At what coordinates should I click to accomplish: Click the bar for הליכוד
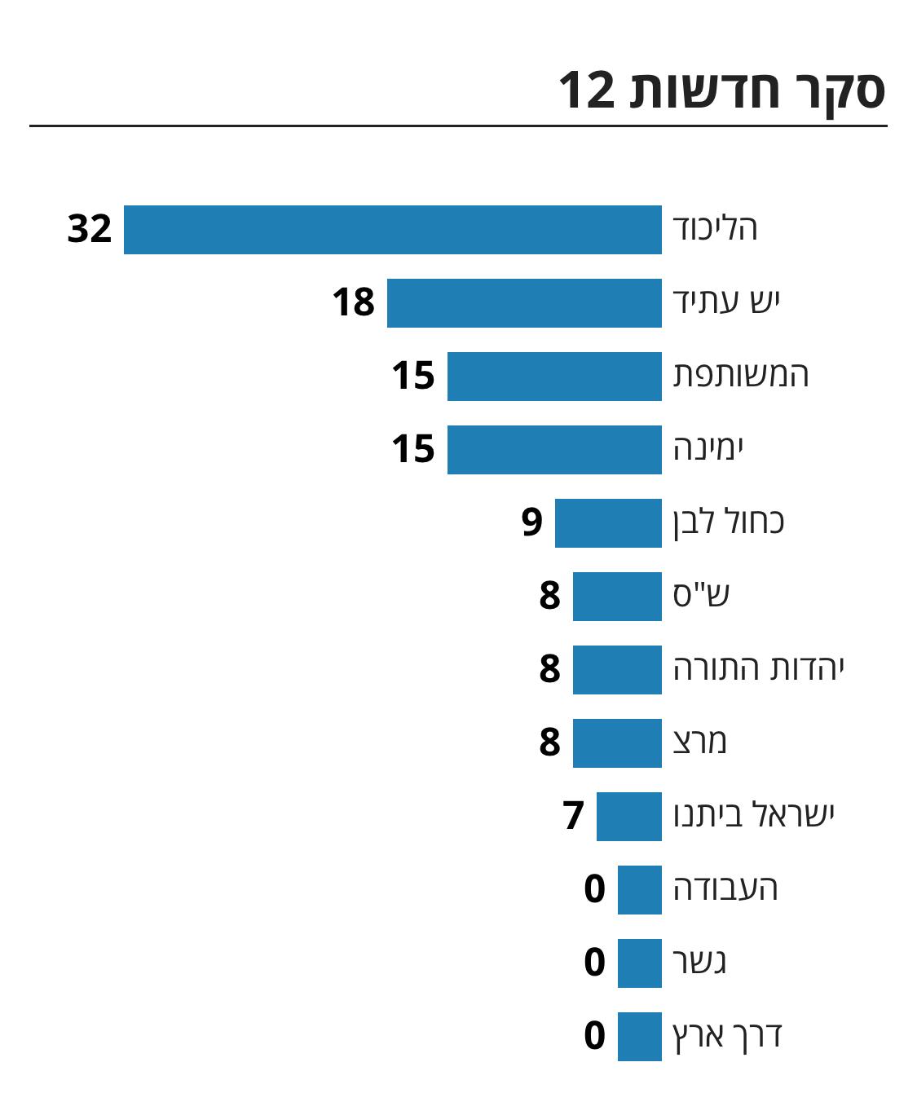coord(392,230)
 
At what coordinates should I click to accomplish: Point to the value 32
coord(90,229)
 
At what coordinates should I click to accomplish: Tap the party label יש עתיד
coord(726,302)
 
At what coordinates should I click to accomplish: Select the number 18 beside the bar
coord(353,302)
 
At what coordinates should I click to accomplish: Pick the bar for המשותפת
coord(554,377)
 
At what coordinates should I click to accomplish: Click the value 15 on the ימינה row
coord(413,449)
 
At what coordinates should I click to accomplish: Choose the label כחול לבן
coord(728,522)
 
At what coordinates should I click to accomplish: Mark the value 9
coord(532,522)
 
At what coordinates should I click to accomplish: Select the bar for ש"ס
coord(617,597)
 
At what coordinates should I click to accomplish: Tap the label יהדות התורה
coord(758,668)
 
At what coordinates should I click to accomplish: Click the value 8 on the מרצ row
coord(550,743)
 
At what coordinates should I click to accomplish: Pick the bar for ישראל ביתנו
coord(628,817)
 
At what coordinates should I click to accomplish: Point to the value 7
coord(574,816)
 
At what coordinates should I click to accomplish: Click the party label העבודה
coord(725,888)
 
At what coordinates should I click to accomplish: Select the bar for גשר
coord(639,963)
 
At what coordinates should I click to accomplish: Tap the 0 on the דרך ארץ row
coord(595,1036)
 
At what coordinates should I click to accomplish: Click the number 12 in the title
coord(586,90)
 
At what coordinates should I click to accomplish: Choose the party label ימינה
coord(708,448)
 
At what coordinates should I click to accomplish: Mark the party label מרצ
coord(699,742)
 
